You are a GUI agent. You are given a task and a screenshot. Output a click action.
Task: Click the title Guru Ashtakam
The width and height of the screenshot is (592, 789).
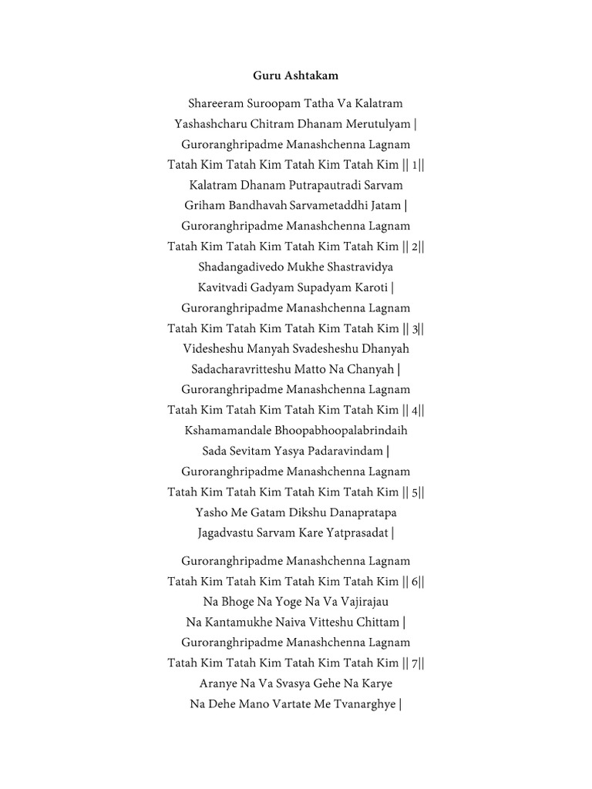[296, 76]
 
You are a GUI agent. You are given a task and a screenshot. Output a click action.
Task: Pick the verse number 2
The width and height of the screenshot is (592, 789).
[415, 247]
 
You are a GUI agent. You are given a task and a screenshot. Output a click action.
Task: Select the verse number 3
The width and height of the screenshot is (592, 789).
[415, 328]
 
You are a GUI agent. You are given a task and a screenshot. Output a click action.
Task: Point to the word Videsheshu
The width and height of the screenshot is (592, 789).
[217, 348]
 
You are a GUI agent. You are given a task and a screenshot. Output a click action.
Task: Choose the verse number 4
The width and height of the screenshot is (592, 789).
[415, 410]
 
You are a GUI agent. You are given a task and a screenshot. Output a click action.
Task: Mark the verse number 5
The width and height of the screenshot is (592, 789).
[415, 492]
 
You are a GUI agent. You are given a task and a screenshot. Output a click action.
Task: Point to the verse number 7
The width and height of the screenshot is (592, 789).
[415, 663]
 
